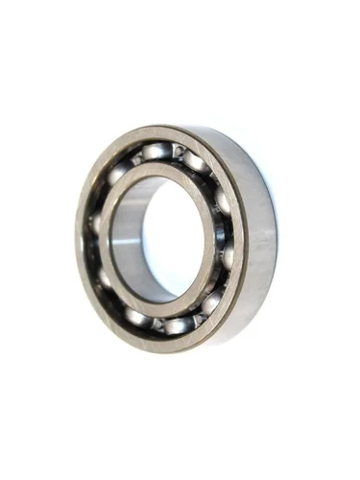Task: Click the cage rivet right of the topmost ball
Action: tap(178, 155)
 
